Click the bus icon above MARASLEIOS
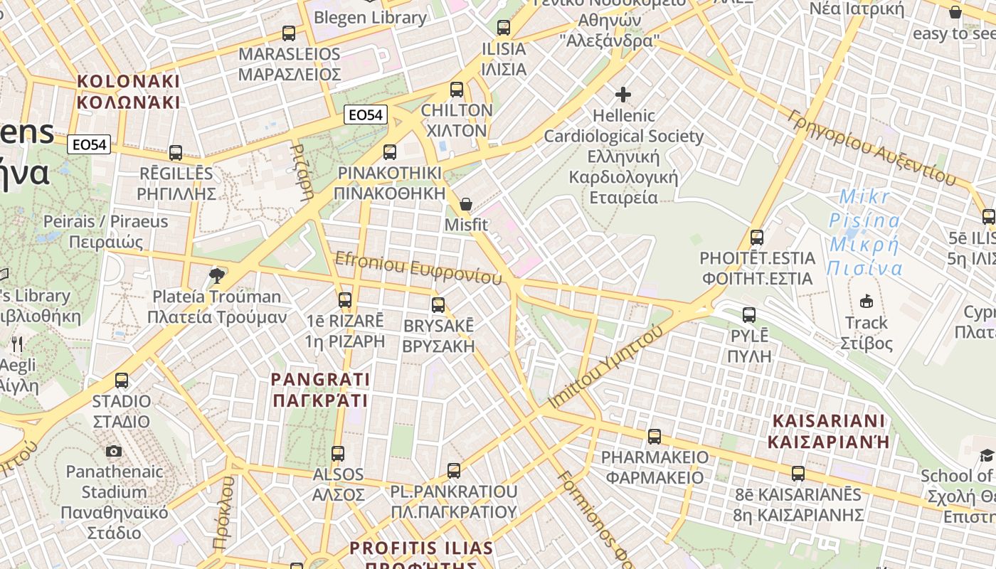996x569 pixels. coord(289,33)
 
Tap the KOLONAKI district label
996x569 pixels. coord(128,91)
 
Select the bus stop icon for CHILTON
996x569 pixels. coord(457,90)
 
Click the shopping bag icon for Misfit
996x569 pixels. coord(466,204)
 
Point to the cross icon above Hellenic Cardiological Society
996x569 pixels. coord(623,94)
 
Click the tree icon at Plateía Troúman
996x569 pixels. coord(217,275)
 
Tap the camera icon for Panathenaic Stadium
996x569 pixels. coord(113,451)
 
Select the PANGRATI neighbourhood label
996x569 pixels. coord(320,389)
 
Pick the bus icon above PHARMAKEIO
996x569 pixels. coord(655,436)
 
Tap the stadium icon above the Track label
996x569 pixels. coord(866,302)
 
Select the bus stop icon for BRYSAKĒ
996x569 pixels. coord(438,305)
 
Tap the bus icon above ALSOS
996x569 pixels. coord(338,453)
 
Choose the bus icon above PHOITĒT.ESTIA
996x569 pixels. coord(757,237)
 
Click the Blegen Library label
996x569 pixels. coord(370,17)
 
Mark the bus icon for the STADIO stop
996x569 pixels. coord(122,381)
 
